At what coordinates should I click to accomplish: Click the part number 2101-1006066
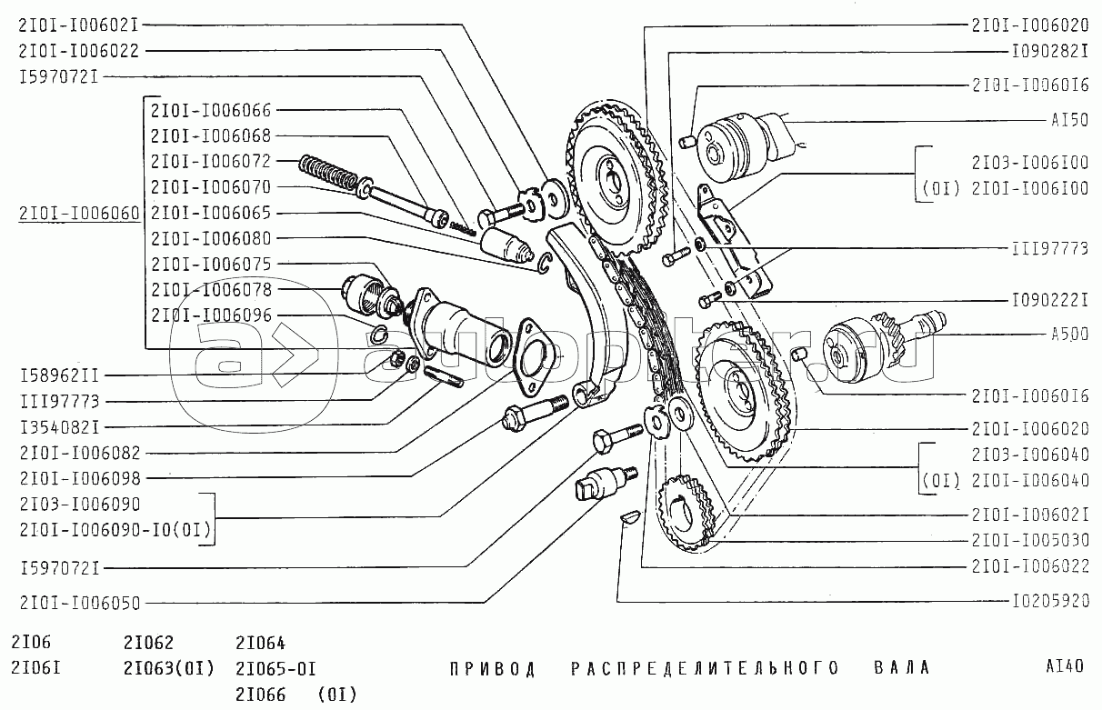coord(211,110)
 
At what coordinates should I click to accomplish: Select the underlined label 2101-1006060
coord(79,214)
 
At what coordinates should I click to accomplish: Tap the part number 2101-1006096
coord(211,315)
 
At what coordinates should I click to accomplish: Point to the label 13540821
coord(59,427)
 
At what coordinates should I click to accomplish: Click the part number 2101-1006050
coord(80,604)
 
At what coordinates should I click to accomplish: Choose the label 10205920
coord(1050,601)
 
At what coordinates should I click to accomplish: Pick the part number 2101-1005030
coord(1030,541)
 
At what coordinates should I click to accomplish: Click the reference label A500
coord(1069,335)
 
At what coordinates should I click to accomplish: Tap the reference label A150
coord(1069,120)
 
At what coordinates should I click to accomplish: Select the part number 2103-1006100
coord(1030,163)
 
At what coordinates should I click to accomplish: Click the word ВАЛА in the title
coord(902,667)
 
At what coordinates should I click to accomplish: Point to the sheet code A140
coord(1065,666)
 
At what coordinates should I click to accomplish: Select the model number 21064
coord(260,643)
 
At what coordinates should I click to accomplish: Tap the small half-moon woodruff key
coord(630,516)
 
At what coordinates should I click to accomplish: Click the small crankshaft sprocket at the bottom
coord(685,513)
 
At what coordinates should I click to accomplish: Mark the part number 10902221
coord(1050,300)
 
